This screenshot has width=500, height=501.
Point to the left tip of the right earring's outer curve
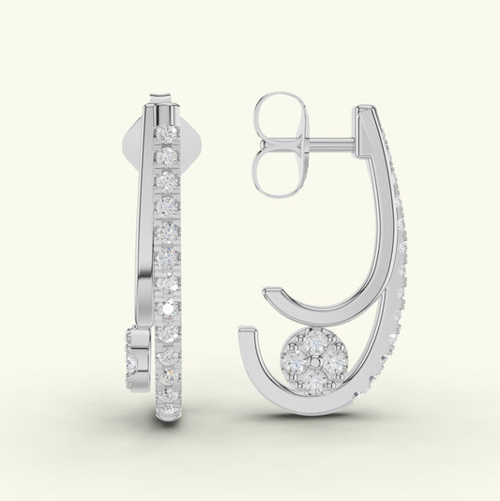coord(245,331)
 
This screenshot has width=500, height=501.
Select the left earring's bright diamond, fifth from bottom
coord(168,307)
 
